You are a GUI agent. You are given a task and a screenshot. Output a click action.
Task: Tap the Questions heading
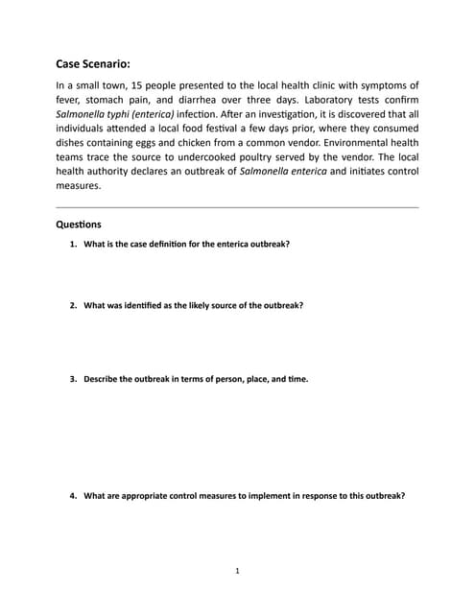80,224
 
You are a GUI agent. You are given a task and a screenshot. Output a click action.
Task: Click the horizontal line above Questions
237,206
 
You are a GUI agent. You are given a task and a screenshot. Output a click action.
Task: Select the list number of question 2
73,305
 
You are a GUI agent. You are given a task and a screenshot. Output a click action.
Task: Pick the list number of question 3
73,379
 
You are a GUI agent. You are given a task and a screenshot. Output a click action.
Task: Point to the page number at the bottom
237,571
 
